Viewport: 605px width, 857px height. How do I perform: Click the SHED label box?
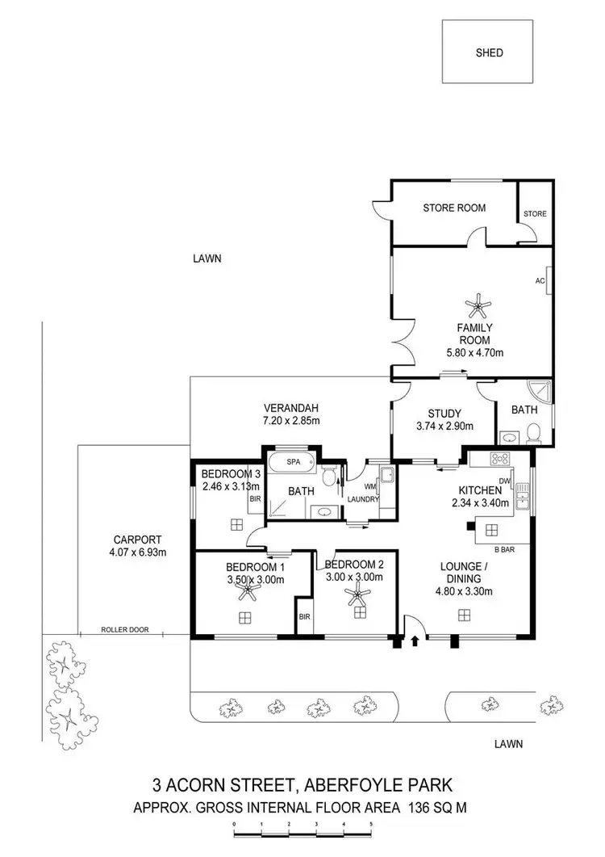coord(489,53)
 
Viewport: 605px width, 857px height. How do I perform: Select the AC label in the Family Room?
coord(540,281)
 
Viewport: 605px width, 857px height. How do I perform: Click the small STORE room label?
coord(535,214)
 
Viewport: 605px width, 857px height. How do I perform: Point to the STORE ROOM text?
coord(454,208)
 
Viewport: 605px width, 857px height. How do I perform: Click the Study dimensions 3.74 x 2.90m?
coord(443,426)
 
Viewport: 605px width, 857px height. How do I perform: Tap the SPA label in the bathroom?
coord(282,464)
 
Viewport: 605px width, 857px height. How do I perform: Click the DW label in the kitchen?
coord(506,481)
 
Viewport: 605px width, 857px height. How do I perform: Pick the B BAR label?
coord(504,550)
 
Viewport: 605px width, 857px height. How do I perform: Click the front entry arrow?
coord(415,641)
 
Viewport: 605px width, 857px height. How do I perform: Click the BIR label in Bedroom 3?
coord(255,500)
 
